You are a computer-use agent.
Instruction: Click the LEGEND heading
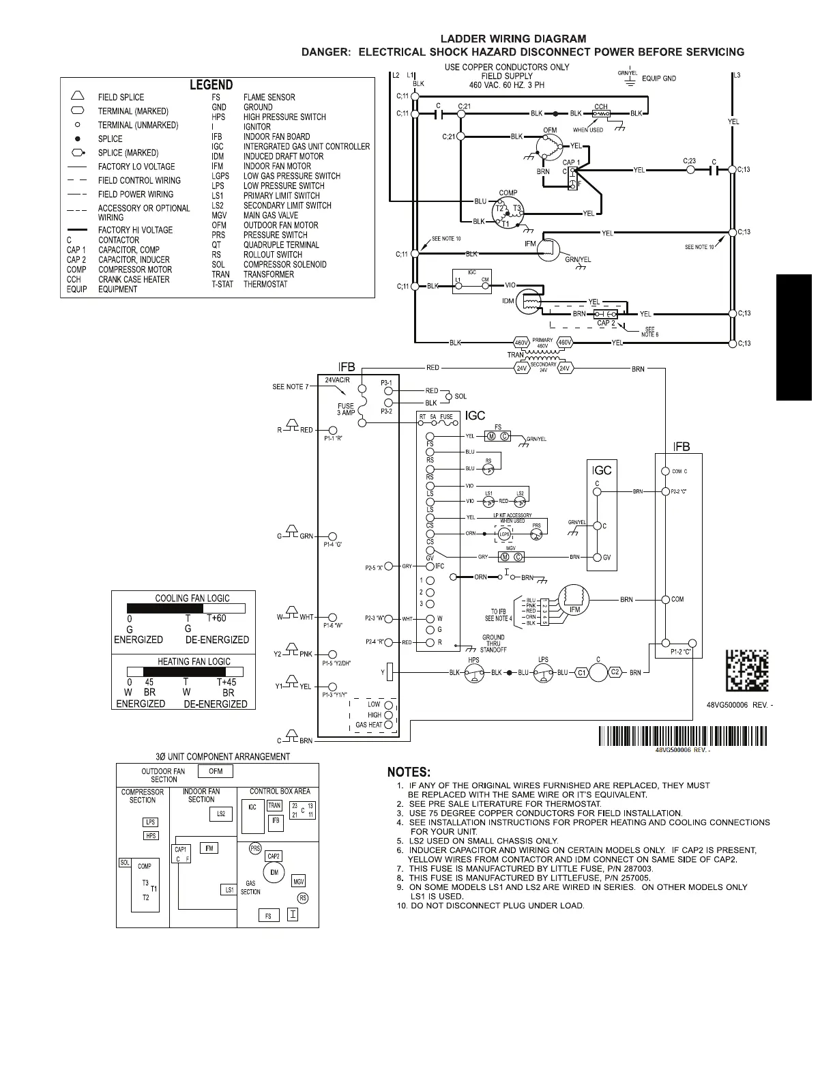pyautogui.click(x=211, y=85)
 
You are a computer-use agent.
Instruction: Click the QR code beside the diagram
pyautogui.click(x=746, y=672)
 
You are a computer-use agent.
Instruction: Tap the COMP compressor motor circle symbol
pyautogui.click(x=508, y=214)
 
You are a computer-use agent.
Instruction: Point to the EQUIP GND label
pyautogui.click(x=659, y=78)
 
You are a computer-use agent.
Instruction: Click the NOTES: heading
pyautogui.click(x=409, y=772)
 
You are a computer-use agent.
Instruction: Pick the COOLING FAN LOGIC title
pyautogui.click(x=192, y=598)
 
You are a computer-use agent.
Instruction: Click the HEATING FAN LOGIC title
pyautogui.click(x=194, y=661)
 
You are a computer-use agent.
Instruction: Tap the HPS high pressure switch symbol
pyautogui.click(x=473, y=673)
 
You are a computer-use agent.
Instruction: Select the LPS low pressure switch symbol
pyautogui.click(x=543, y=673)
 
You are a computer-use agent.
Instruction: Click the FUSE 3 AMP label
pyautogui.click(x=346, y=409)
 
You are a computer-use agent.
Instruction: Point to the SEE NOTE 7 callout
pyautogui.click(x=291, y=387)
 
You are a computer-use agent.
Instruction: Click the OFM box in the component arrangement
pyautogui.click(x=216, y=771)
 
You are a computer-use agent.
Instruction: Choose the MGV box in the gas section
pyautogui.click(x=299, y=881)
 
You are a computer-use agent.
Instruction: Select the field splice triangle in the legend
pyautogui.click(x=78, y=96)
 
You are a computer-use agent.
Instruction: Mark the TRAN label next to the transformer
pyautogui.click(x=516, y=355)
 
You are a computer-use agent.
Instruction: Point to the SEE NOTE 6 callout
pyautogui.click(x=649, y=332)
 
